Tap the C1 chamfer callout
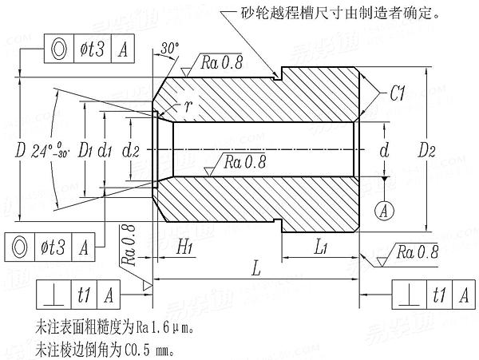tap(401, 94)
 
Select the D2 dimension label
tap(430, 150)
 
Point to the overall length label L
tap(255, 270)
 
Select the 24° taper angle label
tap(48, 149)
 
